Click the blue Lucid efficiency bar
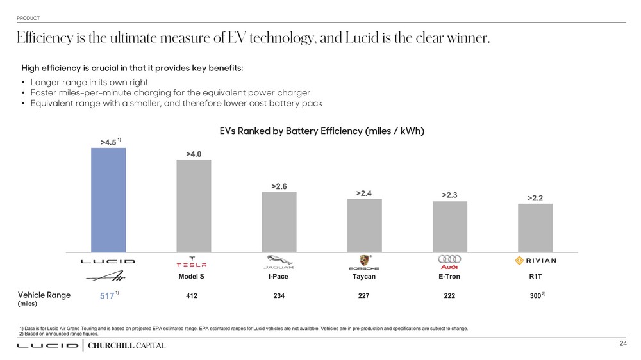point(108,200)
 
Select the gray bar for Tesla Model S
point(194,206)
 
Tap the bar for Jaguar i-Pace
point(279,222)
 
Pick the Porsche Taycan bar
point(364,225)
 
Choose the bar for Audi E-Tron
point(449,227)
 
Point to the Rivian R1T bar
point(535,227)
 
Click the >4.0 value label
point(194,154)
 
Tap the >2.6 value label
point(279,186)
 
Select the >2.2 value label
point(535,199)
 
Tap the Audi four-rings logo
point(449,259)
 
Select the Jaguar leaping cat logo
point(279,261)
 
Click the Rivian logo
point(535,261)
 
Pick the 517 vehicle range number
point(107,296)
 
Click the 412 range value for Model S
point(192,296)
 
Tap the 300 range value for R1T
point(533,296)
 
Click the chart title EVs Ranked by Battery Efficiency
point(322,131)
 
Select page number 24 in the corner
point(622,345)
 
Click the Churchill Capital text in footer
point(126,346)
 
